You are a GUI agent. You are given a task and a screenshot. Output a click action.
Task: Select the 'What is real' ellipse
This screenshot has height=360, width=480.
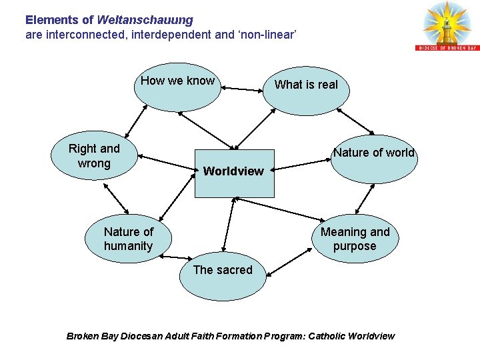(306, 90)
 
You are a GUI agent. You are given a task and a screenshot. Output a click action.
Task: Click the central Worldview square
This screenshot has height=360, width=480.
(234, 173)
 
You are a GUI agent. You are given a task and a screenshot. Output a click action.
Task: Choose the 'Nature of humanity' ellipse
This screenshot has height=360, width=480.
(128, 238)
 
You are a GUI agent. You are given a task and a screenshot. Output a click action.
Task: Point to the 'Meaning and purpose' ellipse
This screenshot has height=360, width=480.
(355, 239)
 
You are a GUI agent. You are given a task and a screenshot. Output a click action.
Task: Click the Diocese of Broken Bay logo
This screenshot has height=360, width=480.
(447, 26)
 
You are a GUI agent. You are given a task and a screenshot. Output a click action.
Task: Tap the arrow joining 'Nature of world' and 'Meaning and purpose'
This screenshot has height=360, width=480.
(364, 198)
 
